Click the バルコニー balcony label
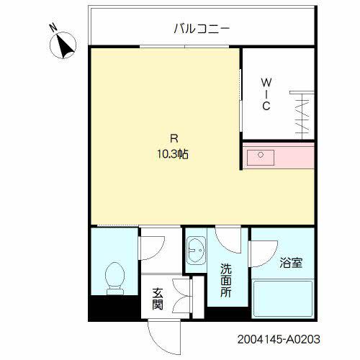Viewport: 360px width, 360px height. [x=202, y=29]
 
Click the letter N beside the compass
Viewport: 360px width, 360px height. [x=53, y=29]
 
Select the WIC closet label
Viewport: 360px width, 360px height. [x=266, y=94]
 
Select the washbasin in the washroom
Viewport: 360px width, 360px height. [x=196, y=252]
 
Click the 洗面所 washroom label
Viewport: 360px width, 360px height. [x=225, y=282]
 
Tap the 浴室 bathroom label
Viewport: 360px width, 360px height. [x=292, y=262]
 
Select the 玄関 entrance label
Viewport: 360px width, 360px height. [x=158, y=299]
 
